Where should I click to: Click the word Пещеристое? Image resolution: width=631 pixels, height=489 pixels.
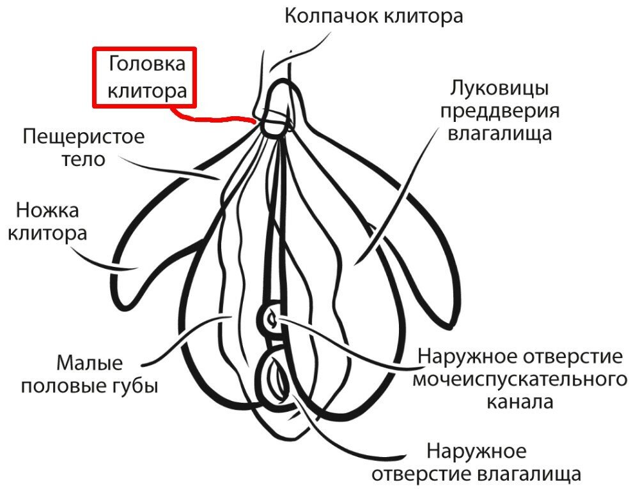click(x=84, y=137)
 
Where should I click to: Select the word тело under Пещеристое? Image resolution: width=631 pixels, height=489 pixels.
click(x=82, y=159)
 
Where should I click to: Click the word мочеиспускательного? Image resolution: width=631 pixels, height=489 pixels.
click(x=519, y=379)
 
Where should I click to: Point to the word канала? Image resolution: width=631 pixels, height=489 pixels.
click(x=520, y=402)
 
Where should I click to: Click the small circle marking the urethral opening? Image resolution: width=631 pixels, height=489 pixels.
click(x=272, y=317)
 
